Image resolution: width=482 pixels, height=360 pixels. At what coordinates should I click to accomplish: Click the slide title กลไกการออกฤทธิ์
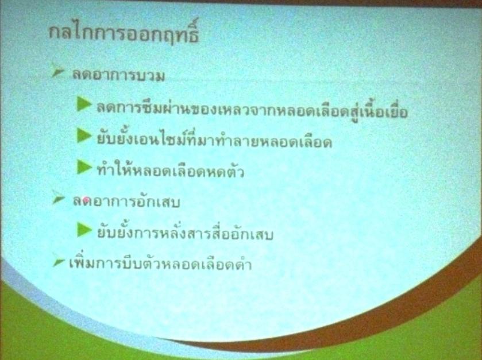(x=124, y=33)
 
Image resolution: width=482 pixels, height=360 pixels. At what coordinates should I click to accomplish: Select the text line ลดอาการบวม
(x=119, y=76)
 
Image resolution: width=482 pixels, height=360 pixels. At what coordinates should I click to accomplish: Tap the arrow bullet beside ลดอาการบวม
(x=57, y=71)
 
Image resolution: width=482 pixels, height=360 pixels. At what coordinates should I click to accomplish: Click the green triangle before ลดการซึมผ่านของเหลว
(x=84, y=104)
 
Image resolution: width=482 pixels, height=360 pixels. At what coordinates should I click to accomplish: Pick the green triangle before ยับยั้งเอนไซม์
(x=84, y=136)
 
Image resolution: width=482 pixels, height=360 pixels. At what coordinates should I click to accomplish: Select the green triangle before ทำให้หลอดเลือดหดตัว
(x=84, y=167)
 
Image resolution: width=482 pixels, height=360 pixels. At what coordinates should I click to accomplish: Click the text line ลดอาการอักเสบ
(x=126, y=202)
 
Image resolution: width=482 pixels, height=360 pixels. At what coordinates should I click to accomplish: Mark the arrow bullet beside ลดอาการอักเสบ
(x=58, y=198)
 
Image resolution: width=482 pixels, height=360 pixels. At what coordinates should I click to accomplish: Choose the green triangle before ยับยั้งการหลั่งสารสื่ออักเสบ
(x=84, y=230)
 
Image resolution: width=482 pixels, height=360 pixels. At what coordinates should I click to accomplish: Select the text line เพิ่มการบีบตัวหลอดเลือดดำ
(x=160, y=263)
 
